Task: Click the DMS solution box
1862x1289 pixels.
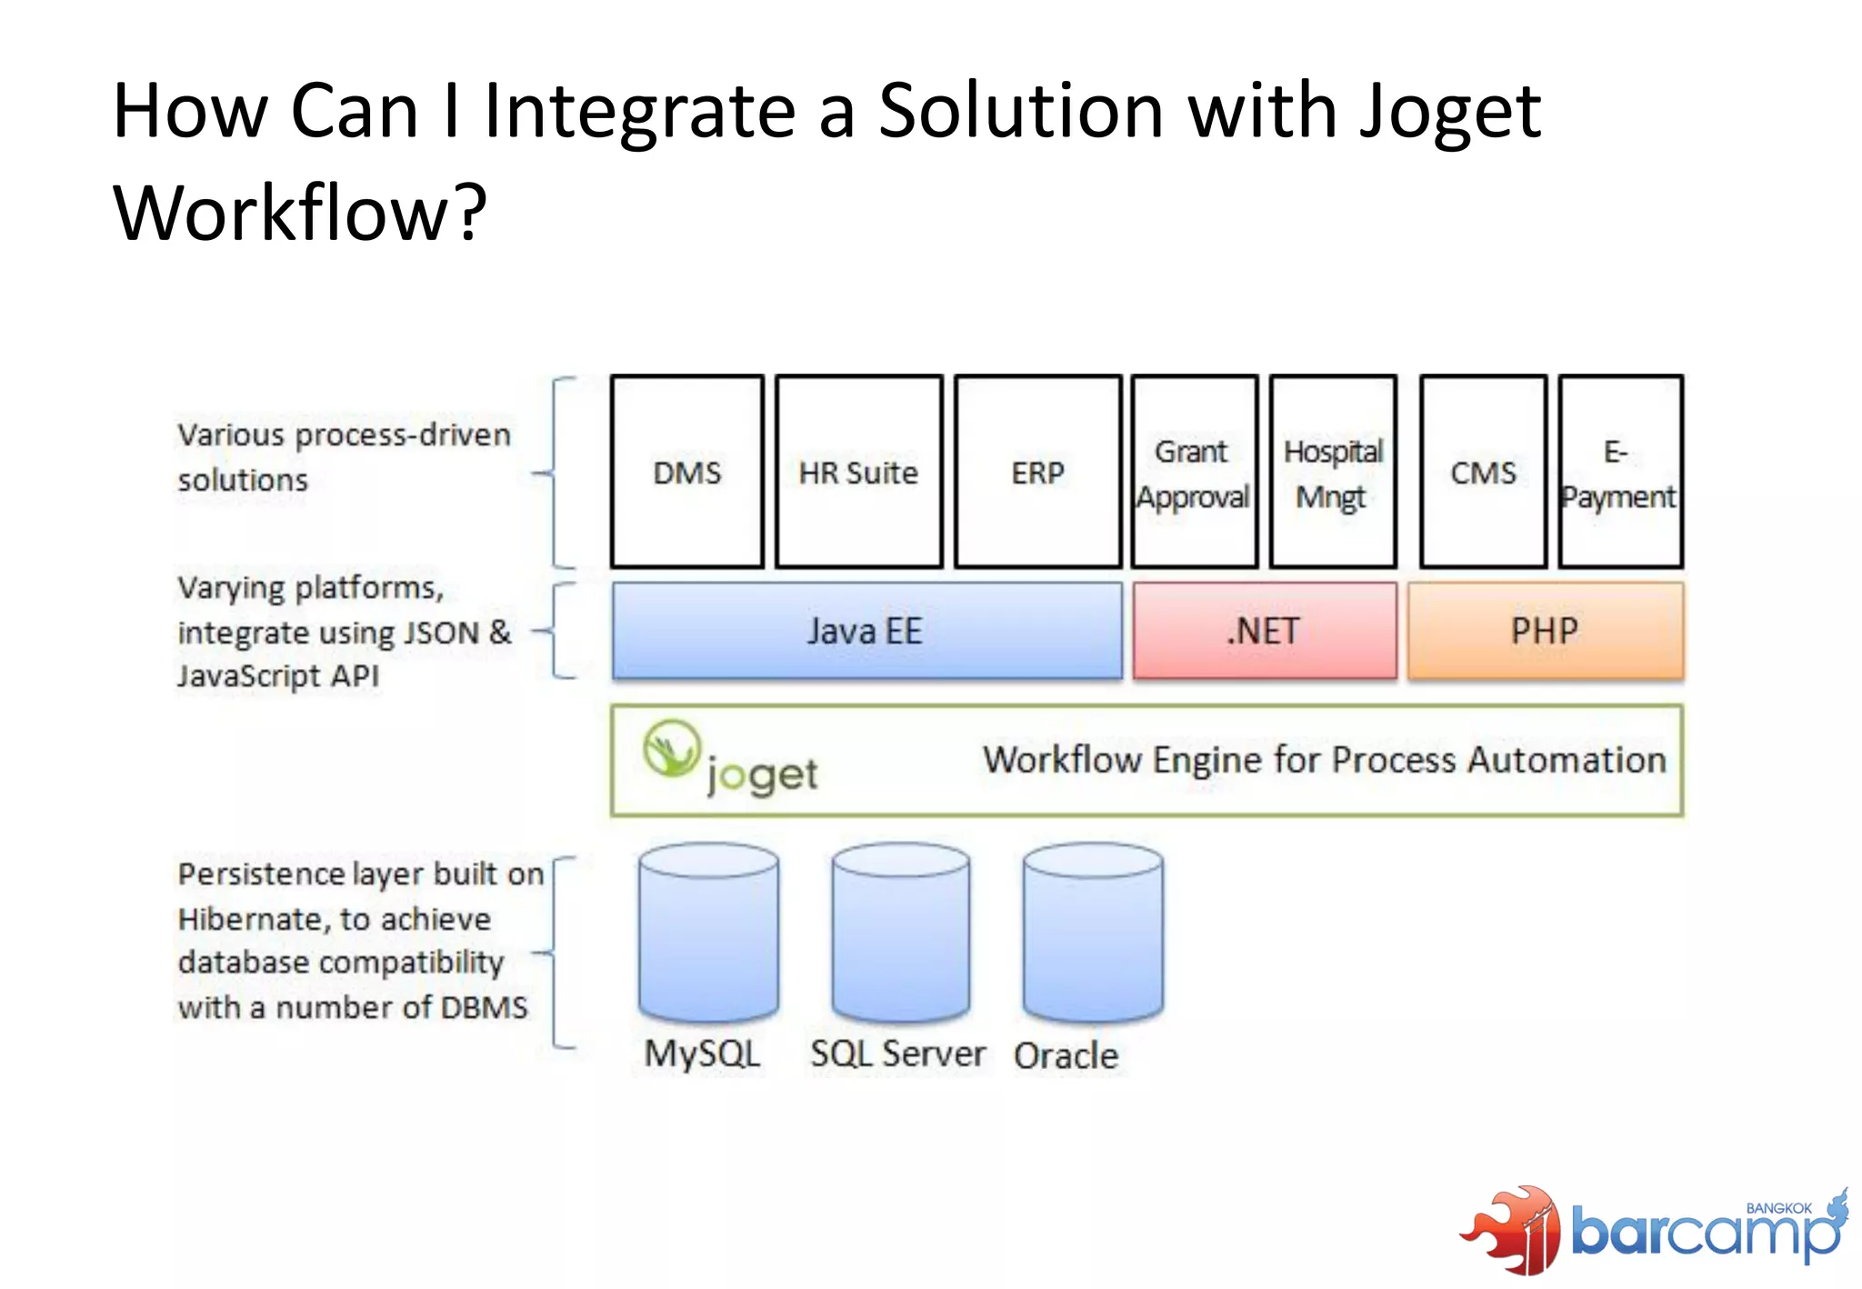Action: pyautogui.click(x=686, y=472)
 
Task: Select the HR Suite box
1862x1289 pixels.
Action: pyautogui.click(x=858, y=472)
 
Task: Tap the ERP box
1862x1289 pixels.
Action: pyautogui.click(x=1037, y=472)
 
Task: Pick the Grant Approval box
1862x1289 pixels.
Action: pyautogui.click(x=1194, y=472)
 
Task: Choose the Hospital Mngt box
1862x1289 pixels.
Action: pyautogui.click(x=1333, y=472)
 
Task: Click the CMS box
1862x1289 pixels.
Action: pyautogui.click(x=1483, y=472)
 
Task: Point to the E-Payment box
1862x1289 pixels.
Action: pyautogui.click(x=1620, y=472)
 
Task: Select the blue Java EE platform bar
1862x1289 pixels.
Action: pyautogui.click(x=866, y=631)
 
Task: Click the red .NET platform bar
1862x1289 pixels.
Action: pyautogui.click(x=1264, y=631)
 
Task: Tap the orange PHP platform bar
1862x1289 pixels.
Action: pyautogui.click(x=1545, y=631)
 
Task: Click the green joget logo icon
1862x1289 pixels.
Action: pyautogui.click(x=672, y=749)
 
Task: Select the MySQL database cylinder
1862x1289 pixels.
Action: pyautogui.click(x=708, y=932)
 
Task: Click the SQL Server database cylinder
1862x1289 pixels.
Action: pyautogui.click(x=900, y=932)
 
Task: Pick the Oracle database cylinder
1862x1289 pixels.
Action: pyautogui.click(x=1092, y=932)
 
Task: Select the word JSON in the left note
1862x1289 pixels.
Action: pyautogui.click(x=441, y=633)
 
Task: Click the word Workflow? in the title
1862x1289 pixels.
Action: pyautogui.click(x=300, y=213)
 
